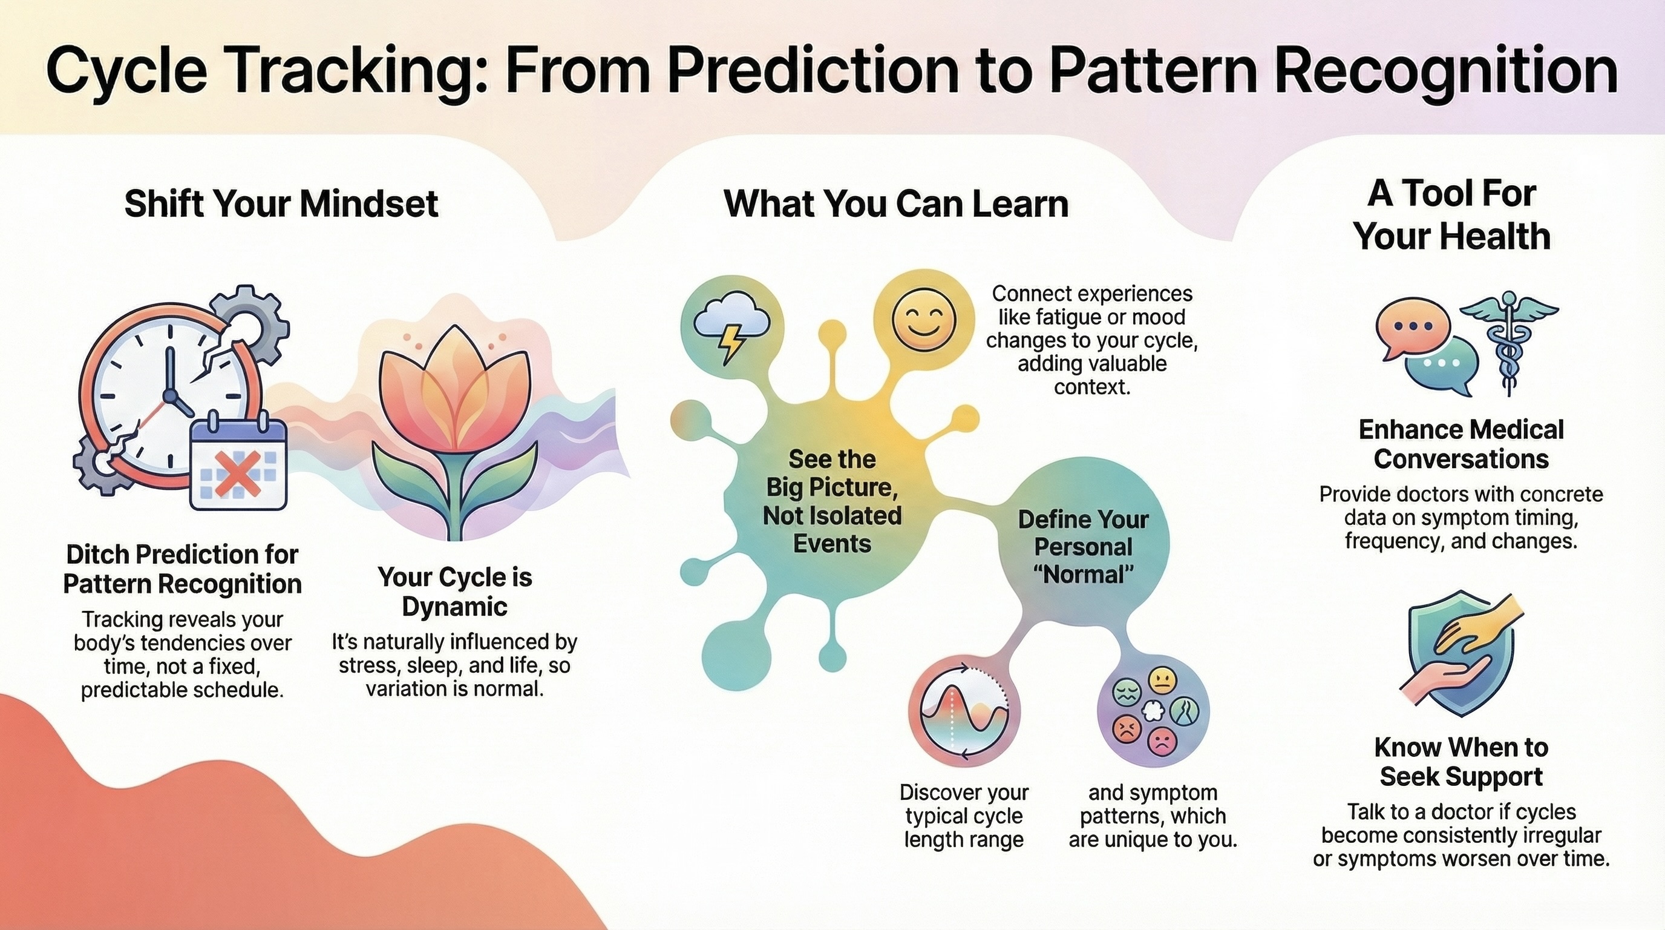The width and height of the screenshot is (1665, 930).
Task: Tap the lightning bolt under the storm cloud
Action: [732, 343]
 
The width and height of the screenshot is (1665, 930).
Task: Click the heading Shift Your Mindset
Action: [281, 203]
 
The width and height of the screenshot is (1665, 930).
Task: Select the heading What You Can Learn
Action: [896, 203]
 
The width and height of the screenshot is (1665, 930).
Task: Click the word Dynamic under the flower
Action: [454, 607]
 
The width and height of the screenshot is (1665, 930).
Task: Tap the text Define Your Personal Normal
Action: [1084, 547]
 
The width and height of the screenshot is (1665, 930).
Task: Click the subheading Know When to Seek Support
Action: [1461, 762]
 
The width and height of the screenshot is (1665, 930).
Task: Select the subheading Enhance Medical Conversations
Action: [1461, 444]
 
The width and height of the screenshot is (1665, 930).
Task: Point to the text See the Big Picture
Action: [832, 473]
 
